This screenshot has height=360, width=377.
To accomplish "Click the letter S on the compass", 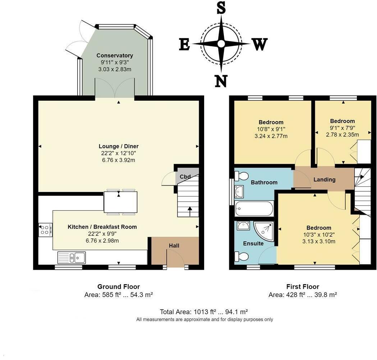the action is (221, 8).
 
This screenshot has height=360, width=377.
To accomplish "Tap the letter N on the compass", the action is (221, 81).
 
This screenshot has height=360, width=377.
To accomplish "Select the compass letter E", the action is (184, 45).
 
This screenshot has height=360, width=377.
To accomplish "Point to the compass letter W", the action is (260, 45).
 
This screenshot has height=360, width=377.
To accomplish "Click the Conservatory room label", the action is (115, 56).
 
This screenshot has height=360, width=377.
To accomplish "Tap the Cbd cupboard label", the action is (185, 177).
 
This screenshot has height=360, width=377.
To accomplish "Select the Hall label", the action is (174, 246).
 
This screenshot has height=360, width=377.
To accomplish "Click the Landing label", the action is (324, 179).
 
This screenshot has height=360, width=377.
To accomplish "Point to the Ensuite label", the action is (253, 243).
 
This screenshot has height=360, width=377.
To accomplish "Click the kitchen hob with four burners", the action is (45, 230).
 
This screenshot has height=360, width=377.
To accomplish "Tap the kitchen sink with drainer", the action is (72, 258).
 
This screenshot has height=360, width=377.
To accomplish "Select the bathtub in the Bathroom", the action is (254, 209).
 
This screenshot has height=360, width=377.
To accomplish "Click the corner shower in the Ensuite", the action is (264, 231).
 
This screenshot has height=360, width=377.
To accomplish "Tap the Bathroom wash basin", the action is (239, 192).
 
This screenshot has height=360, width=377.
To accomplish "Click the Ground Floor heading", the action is (119, 287).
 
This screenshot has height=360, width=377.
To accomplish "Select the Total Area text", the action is (204, 312).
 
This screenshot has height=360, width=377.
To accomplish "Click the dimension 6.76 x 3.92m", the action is (119, 160).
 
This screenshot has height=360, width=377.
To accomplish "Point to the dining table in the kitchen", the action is (120, 202).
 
